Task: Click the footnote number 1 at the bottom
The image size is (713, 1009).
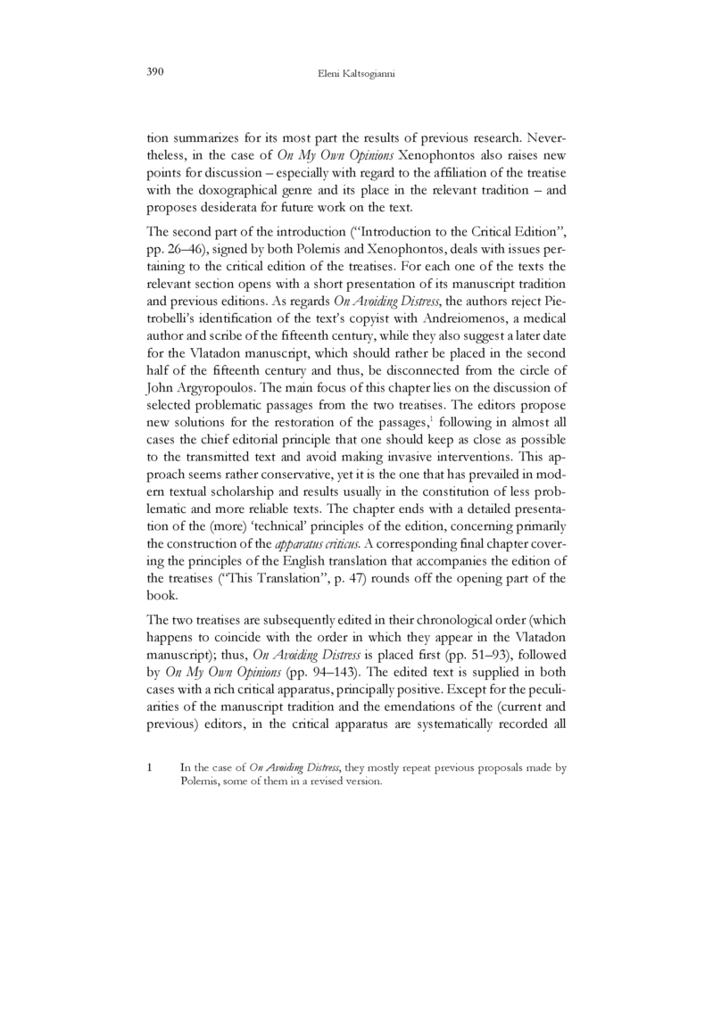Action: tap(150, 766)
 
